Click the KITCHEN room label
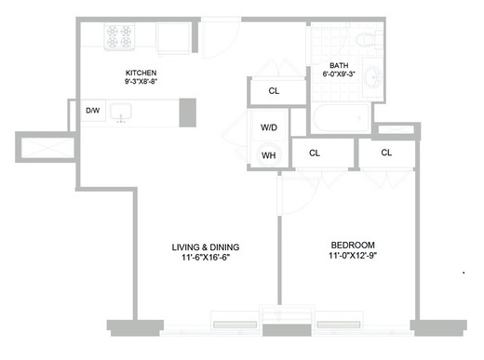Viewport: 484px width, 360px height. pyautogui.click(x=141, y=73)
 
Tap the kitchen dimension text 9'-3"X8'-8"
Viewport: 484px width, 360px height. pyautogui.click(x=141, y=82)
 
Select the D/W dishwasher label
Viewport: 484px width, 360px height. pyautogui.click(x=93, y=110)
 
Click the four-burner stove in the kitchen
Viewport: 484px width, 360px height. pyautogui.click(x=119, y=36)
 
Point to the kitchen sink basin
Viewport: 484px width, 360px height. pyautogui.click(x=121, y=112)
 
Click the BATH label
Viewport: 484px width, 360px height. pyautogui.click(x=339, y=65)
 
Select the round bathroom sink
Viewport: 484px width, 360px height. pyautogui.click(x=372, y=76)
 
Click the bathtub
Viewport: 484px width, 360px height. pyautogui.click(x=341, y=118)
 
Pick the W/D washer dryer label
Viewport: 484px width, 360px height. pyautogui.click(x=269, y=127)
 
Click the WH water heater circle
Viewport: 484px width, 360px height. pyautogui.click(x=269, y=155)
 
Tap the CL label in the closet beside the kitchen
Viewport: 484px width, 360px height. pyautogui.click(x=274, y=91)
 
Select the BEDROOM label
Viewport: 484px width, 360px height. pyautogui.click(x=353, y=245)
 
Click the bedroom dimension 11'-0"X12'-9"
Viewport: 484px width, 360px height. pyautogui.click(x=353, y=256)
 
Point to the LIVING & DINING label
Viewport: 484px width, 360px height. pyautogui.click(x=206, y=247)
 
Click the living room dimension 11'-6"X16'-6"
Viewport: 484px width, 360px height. pyautogui.click(x=206, y=258)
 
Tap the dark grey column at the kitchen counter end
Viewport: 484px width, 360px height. pyautogui.click(x=188, y=113)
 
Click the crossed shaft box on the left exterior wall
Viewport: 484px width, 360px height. pyautogui.click(x=47, y=147)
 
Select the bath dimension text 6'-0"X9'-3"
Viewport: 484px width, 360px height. pyautogui.click(x=339, y=74)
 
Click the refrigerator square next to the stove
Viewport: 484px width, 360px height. pyautogui.click(x=173, y=38)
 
